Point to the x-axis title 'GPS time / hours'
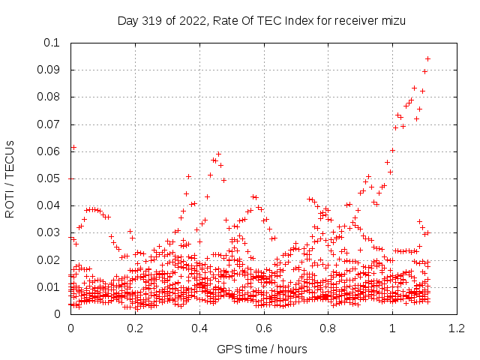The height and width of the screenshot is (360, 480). [262, 349]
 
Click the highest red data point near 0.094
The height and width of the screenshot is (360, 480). [427, 58]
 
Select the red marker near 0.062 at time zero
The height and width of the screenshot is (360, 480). [73, 148]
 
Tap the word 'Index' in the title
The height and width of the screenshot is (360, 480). [304, 21]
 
